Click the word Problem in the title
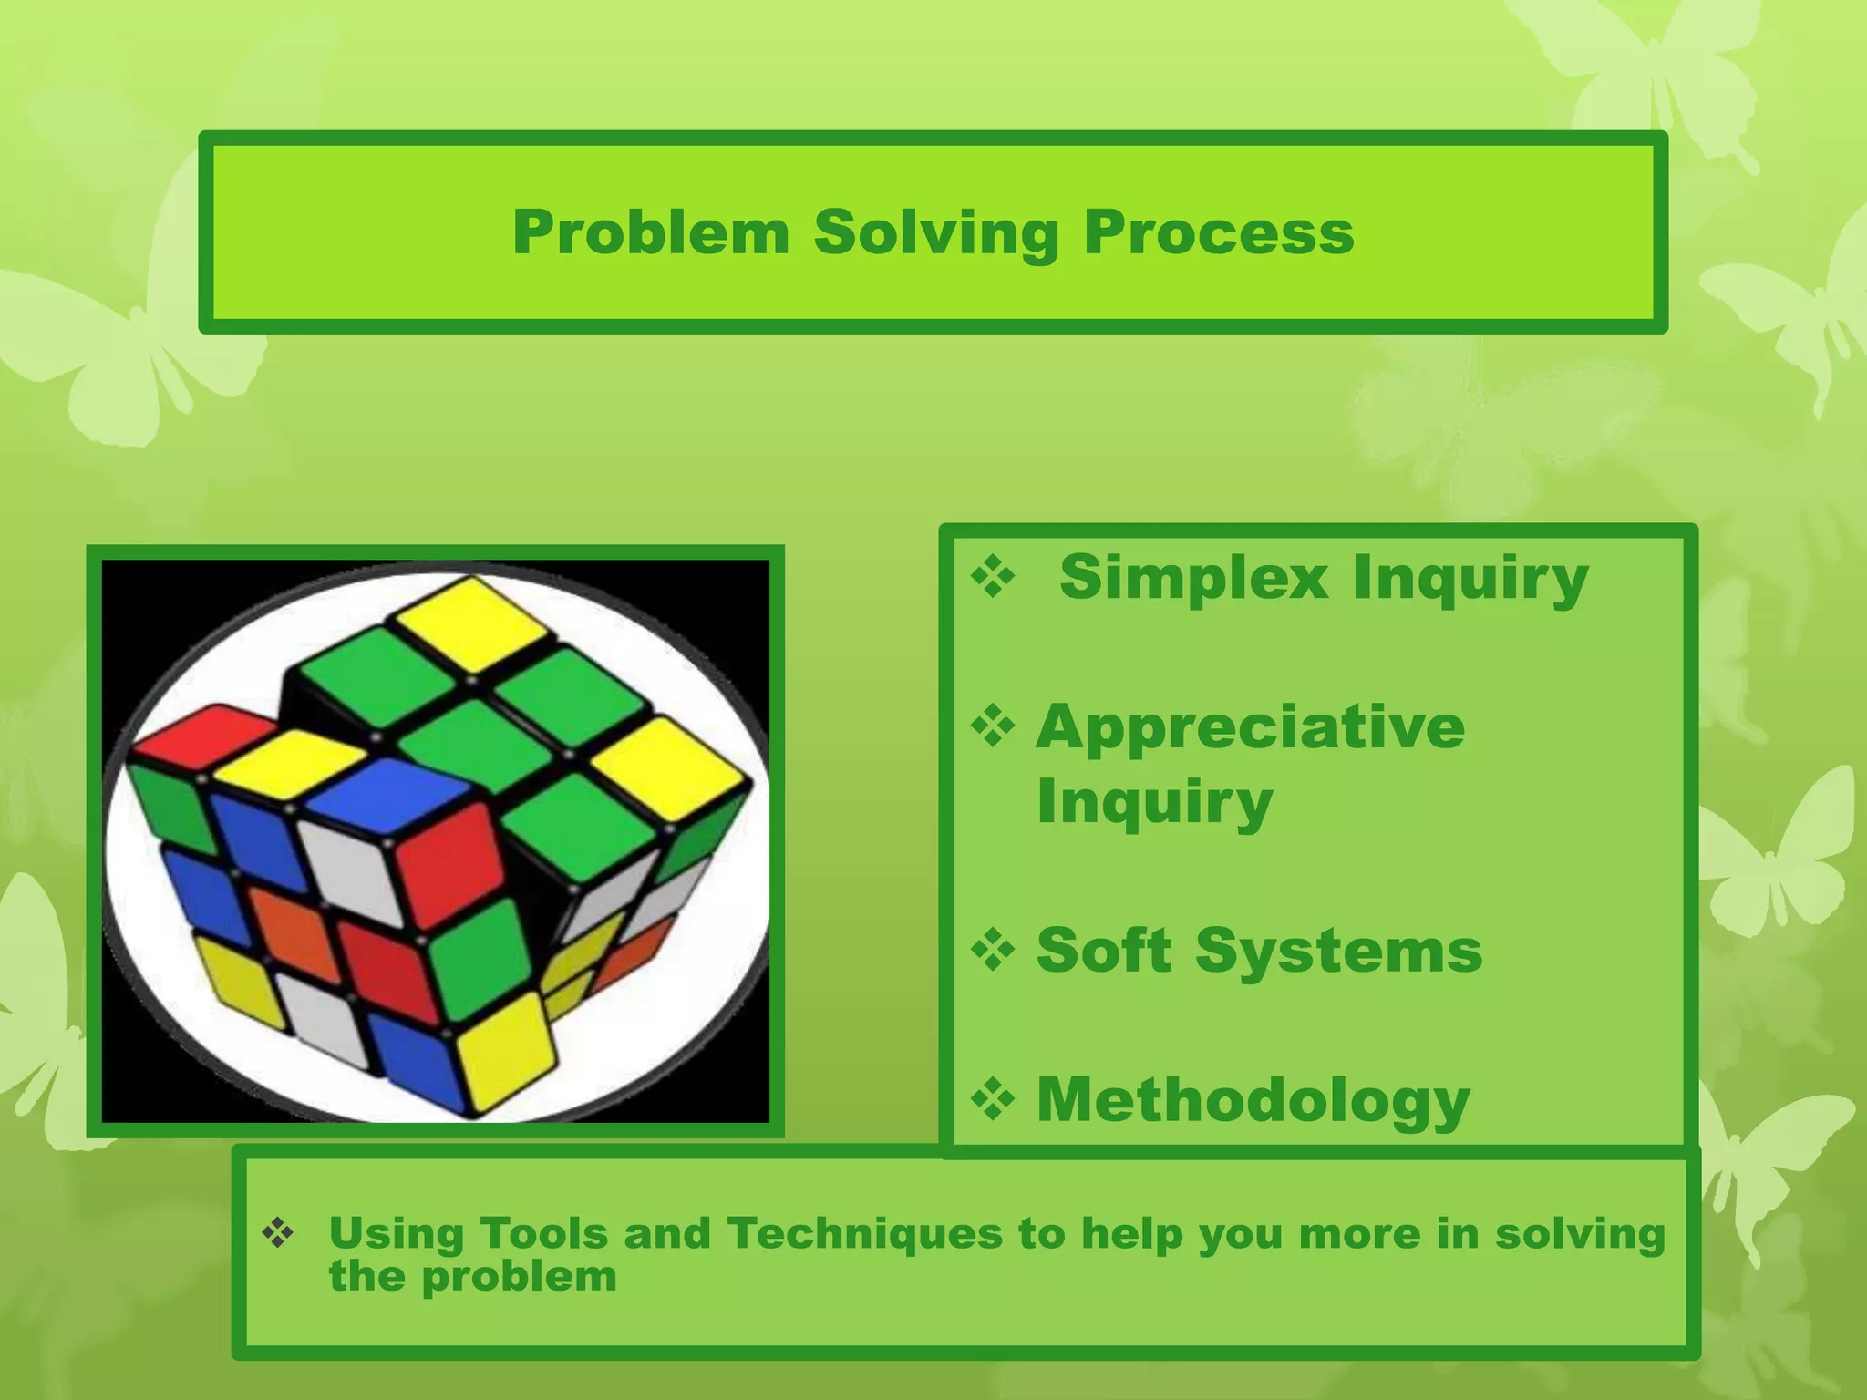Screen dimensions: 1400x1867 point(651,233)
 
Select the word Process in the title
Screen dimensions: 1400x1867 point(1218,233)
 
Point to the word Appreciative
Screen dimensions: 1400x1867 point(1251,727)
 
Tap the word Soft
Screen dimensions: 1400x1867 point(1104,951)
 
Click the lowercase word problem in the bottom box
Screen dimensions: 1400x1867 point(519,1277)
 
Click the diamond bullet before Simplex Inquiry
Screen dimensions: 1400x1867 point(993,578)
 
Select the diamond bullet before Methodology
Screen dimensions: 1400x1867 point(993,1099)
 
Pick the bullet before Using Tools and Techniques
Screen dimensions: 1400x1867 point(278,1234)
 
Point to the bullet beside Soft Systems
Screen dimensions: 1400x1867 point(993,951)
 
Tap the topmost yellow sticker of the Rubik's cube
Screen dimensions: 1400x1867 point(470,622)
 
